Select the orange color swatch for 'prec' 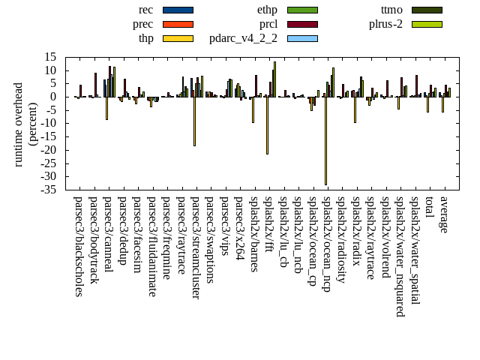click(x=178, y=24)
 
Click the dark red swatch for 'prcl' click(x=302, y=24)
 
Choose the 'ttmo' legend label click(x=391, y=10)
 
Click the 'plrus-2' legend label click(x=385, y=24)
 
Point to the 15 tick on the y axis click(x=51, y=57)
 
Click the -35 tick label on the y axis click(x=49, y=190)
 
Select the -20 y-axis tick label click(x=49, y=150)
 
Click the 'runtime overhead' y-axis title click(x=19, y=124)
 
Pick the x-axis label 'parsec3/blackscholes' click(x=79, y=247)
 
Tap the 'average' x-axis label click(x=444, y=214)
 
